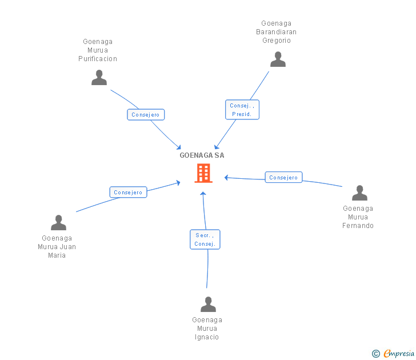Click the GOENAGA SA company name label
(202, 155)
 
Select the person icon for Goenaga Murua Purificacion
(99, 78)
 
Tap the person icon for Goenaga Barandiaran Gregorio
(278, 59)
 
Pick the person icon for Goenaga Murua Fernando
(359, 193)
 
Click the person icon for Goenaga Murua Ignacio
(208, 305)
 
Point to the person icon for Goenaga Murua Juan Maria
(58, 223)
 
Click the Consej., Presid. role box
(242, 110)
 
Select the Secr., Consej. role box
(205, 239)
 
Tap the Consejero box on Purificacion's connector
(146, 115)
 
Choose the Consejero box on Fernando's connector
(283, 177)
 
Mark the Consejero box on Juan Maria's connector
(128, 192)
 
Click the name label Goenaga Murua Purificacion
(98, 50)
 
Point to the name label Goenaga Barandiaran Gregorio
(277, 32)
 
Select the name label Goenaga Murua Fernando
(358, 217)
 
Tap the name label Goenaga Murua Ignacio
(207, 329)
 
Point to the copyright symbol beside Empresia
(376, 354)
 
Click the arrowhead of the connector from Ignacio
(203, 194)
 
